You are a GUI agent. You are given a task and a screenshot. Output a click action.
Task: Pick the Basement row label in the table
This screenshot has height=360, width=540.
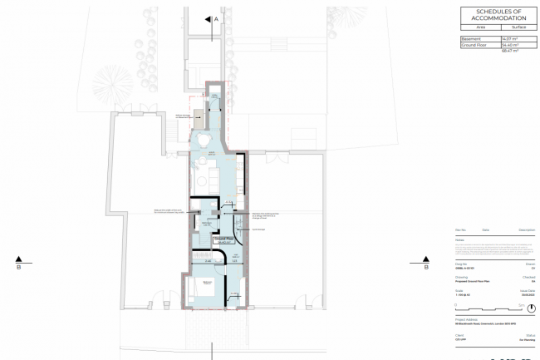(x=470, y=39)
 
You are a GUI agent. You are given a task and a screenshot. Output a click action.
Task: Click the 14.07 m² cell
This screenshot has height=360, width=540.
(x=508, y=39)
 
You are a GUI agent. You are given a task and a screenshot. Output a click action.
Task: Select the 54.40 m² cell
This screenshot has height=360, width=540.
(x=508, y=46)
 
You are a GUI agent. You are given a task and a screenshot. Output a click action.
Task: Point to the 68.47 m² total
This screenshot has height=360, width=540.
(x=508, y=52)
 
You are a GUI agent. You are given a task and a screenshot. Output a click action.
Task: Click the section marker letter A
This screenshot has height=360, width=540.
(x=216, y=17)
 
